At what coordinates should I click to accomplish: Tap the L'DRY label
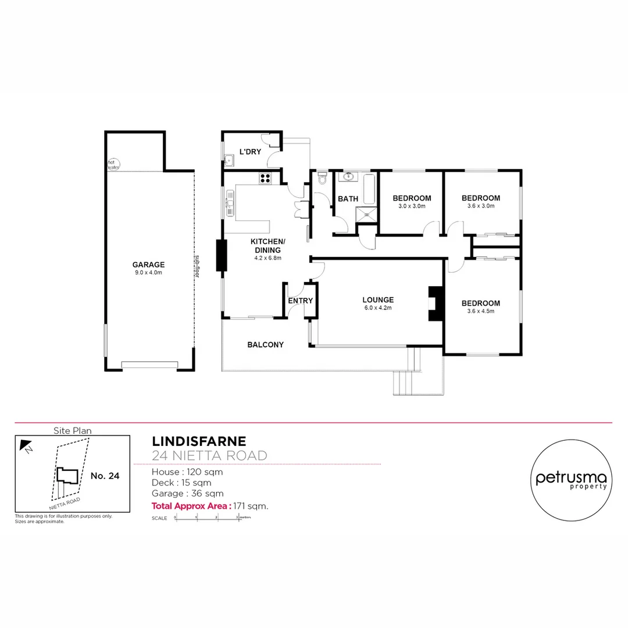click(251, 152)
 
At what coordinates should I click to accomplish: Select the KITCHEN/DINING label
click(267, 245)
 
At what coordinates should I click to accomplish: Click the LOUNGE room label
click(378, 300)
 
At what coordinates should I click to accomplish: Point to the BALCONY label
click(265, 345)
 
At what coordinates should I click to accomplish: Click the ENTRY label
click(301, 301)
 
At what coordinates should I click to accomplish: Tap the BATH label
click(348, 199)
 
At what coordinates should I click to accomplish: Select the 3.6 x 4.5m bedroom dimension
click(481, 312)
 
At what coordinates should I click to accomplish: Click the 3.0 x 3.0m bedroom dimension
click(412, 206)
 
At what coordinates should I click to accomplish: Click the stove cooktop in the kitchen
click(265, 179)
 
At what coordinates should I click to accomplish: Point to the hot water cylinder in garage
click(113, 164)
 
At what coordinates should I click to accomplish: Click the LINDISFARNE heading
click(199, 441)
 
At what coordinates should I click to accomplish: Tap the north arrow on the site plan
click(26, 445)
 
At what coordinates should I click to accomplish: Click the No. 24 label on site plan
click(105, 476)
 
